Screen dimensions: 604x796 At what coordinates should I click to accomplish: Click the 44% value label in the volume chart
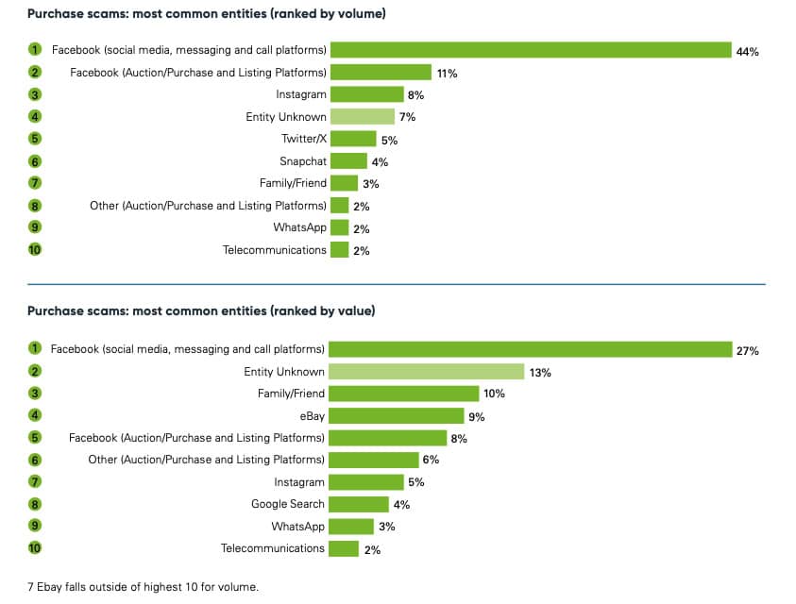coord(747,51)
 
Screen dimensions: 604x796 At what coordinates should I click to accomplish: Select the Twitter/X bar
coord(353,139)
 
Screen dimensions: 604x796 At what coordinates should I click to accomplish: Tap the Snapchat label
coord(303,161)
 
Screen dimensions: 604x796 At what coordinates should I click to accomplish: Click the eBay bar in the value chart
coord(397,415)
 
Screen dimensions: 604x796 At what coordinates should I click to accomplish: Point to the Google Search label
coord(288,504)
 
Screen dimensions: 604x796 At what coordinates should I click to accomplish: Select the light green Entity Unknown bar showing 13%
coord(427,372)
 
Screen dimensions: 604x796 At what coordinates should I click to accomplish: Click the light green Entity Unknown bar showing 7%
coord(363,117)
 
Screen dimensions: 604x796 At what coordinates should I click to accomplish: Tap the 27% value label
coord(748,350)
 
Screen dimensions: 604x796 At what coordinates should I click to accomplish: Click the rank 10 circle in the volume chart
coord(35,250)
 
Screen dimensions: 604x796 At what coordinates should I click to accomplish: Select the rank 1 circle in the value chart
coord(35,349)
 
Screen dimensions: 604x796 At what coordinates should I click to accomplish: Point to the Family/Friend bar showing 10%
coord(404,394)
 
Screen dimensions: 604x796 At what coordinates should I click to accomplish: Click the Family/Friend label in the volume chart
coord(294,183)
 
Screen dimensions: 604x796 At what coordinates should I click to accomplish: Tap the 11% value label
coord(447,73)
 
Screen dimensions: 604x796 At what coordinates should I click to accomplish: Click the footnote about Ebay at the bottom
coord(143,586)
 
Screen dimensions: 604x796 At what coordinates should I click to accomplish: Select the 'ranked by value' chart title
coord(201,310)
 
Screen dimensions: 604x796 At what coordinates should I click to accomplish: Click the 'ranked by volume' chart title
coord(206,14)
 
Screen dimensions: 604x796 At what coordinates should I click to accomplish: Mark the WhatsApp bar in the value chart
coord(351,527)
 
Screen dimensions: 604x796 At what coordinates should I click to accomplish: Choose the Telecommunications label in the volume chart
coord(275,250)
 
